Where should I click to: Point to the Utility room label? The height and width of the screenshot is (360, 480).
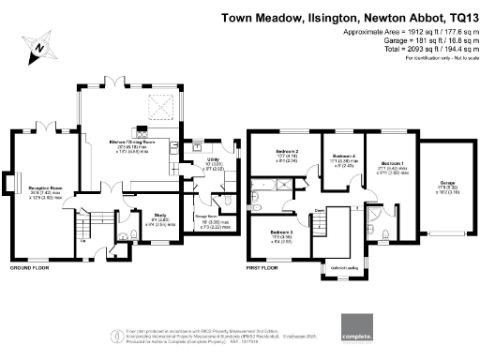pos(201,160)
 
